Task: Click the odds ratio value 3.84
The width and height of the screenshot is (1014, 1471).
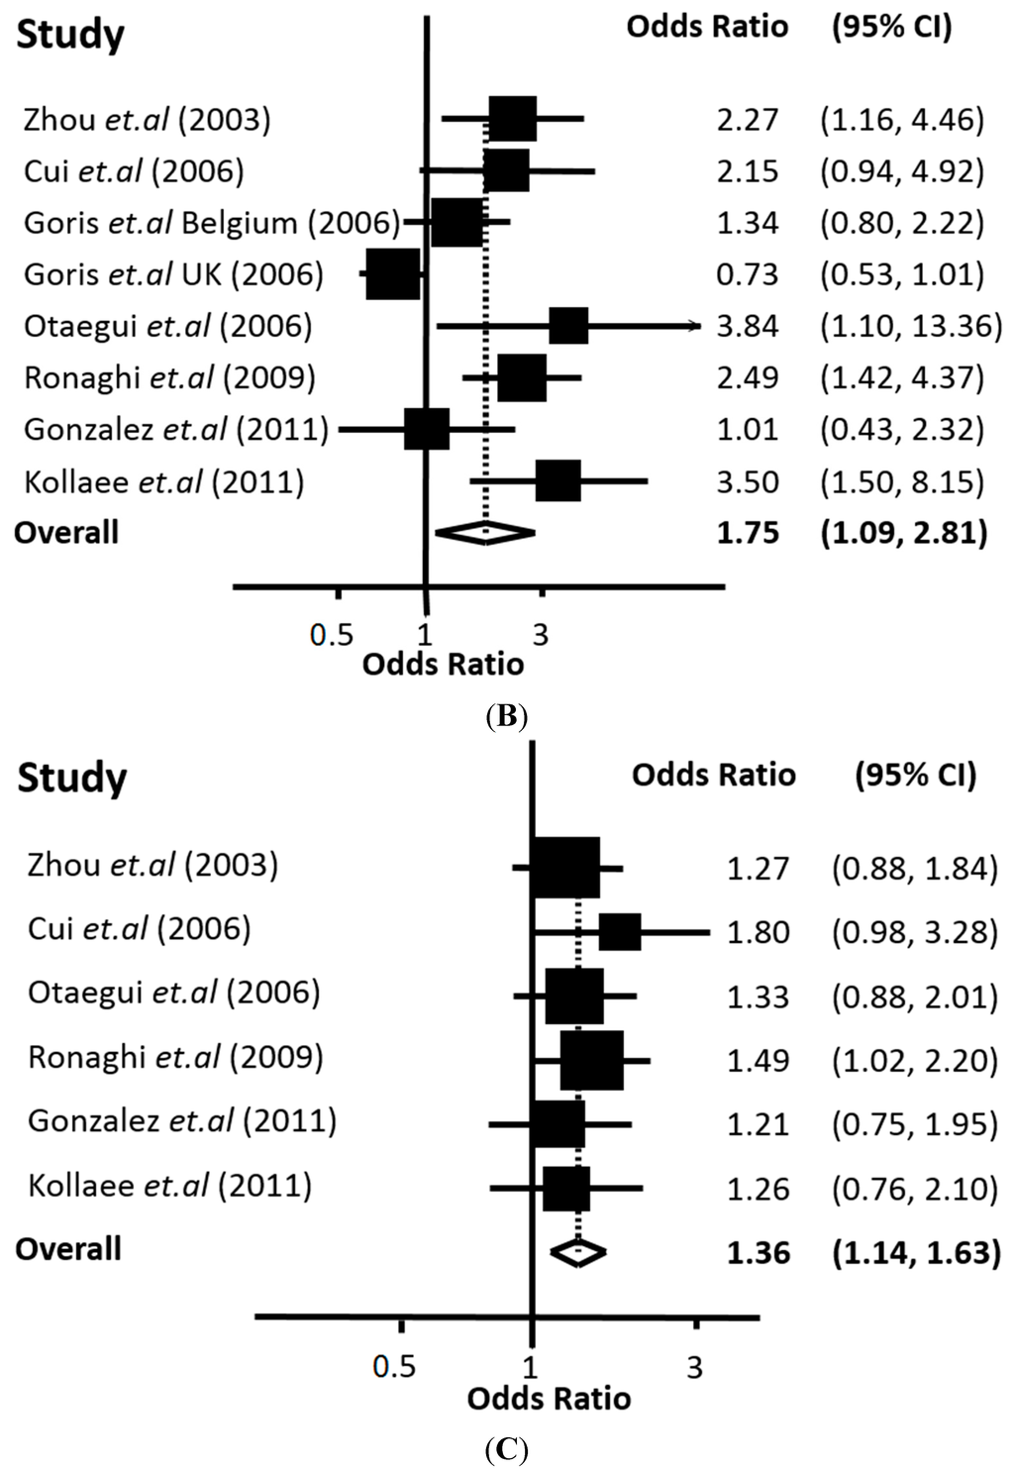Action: (x=748, y=326)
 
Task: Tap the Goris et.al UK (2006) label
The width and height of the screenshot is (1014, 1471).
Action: (x=173, y=274)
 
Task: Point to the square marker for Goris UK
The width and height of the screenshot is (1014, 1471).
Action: (x=392, y=274)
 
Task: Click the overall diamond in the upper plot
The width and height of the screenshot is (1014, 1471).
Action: (x=485, y=533)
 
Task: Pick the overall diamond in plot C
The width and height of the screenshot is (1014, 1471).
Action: (x=578, y=1252)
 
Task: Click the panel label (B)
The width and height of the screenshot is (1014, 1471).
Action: (x=507, y=716)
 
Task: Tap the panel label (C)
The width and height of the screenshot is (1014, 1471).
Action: (x=507, y=1452)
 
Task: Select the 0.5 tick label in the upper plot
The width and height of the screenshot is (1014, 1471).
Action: (x=331, y=635)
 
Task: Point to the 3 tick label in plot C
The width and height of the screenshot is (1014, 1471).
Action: (x=694, y=1368)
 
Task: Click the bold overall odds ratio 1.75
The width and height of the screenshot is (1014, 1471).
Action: (x=748, y=533)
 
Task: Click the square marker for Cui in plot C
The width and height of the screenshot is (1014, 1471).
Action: (x=620, y=932)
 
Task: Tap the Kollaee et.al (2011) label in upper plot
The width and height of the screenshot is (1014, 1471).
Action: (x=163, y=482)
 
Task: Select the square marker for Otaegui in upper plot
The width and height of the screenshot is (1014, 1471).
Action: (x=568, y=326)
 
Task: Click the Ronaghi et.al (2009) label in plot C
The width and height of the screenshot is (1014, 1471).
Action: (x=175, y=1057)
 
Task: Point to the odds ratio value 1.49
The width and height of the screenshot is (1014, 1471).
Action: (x=758, y=1061)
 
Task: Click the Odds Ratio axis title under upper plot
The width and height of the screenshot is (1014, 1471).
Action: (x=443, y=664)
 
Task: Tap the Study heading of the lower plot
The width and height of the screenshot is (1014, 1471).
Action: (x=71, y=778)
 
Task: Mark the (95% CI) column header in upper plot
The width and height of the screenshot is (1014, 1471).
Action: (x=891, y=27)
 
